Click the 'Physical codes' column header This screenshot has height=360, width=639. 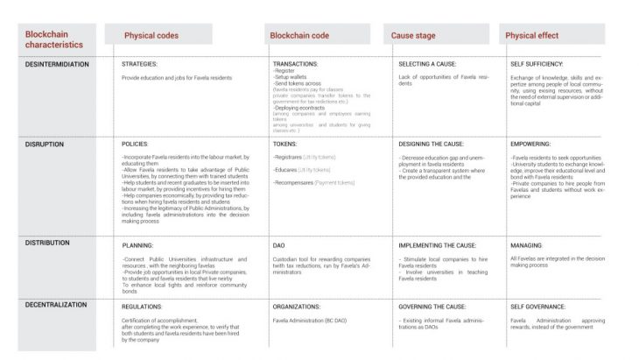tap(151, 36)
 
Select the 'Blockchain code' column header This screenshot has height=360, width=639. tap(300, 36)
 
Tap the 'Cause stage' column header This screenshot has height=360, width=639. tap(415, 36)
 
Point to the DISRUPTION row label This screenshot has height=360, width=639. tap(44, 144)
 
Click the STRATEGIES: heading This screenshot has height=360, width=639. tap(140, 65)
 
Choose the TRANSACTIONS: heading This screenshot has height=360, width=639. tap(296, 65)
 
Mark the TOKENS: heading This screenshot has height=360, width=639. tap(284, 144)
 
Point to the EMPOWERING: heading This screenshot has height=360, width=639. tap(530, 144)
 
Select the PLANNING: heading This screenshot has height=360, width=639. tap(138, 246)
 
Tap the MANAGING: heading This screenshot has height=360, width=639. tap(526, 246)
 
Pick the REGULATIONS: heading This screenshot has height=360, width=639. tap(144, 307)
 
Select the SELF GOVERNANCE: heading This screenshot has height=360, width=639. tap(539, 307)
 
